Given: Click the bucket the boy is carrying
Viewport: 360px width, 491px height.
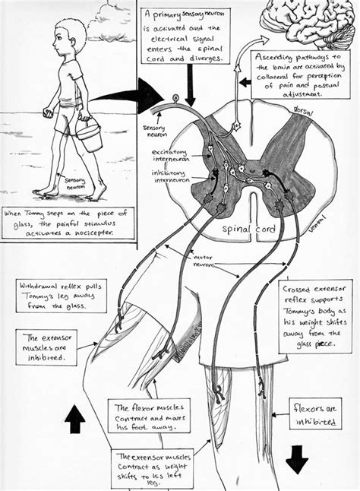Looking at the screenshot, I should (90, 137).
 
